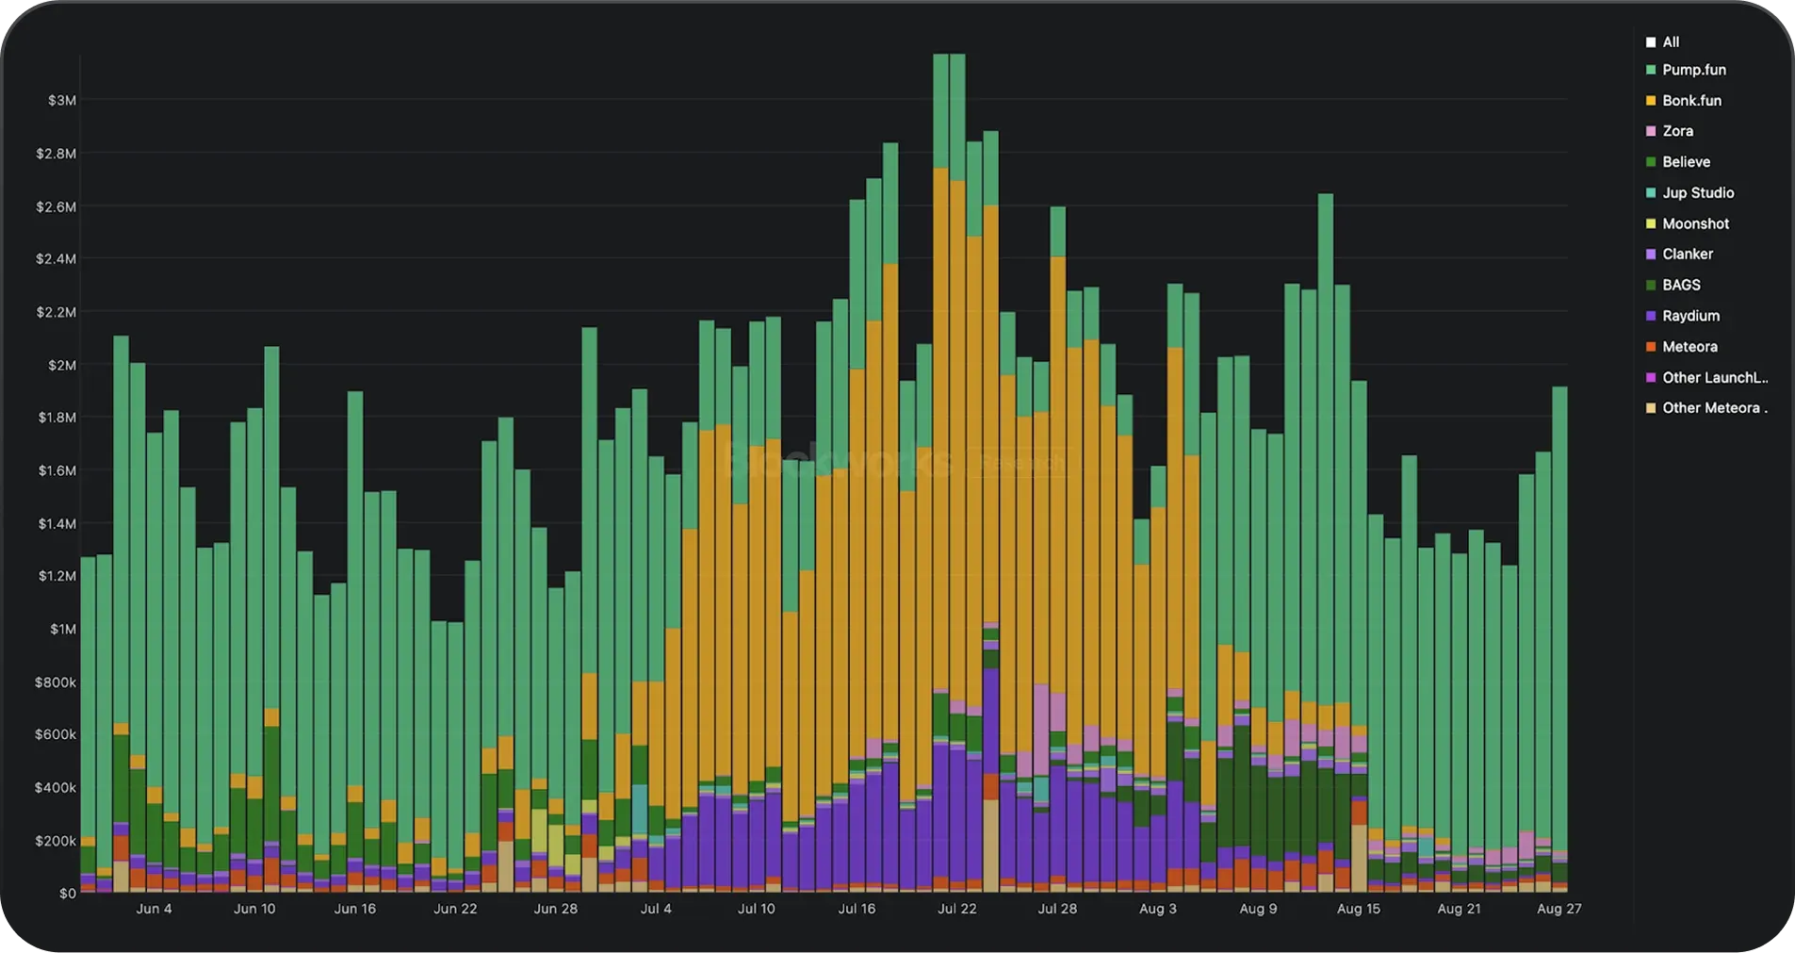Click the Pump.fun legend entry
[1693, 70]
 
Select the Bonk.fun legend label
[1691, 101]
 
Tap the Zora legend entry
[1677, 131]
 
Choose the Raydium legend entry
[1690, 316]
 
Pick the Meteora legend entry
[1689, 347]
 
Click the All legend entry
[1670, 42]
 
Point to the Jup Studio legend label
[1697, 192]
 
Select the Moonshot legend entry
[1695, 223]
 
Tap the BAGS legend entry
[1681, 285]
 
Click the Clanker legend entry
[1687, 254]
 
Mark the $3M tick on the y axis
[61, 101]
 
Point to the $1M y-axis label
[62, 629]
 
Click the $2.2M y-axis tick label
[56, 312]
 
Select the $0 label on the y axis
[67, 894]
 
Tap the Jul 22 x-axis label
[957, 909]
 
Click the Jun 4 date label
[155, 909]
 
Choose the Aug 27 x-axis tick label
[1558, 909]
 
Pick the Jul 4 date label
[656, 909]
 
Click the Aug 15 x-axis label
[1359, 909]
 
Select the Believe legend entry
[1686, 162]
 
